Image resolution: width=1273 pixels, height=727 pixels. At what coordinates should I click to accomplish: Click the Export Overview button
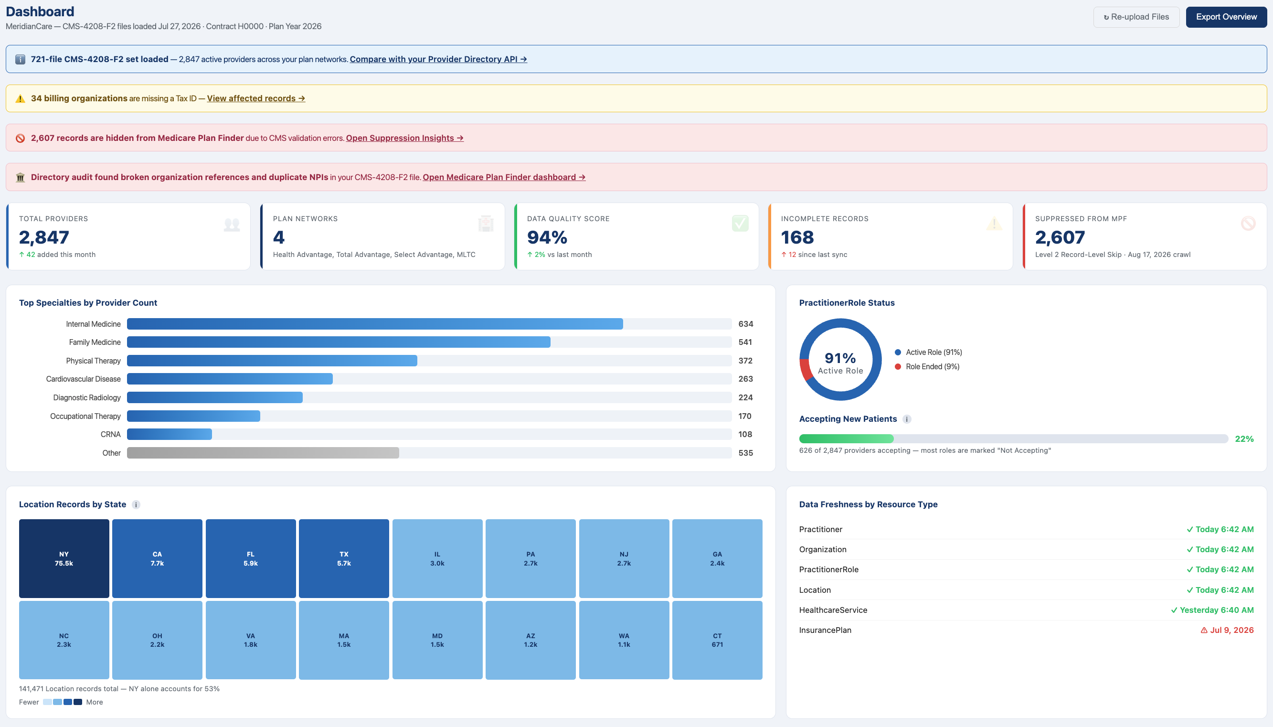click(x=1226, y=17)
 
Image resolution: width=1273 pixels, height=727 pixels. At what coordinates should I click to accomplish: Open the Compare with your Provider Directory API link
click(x=438, y=59)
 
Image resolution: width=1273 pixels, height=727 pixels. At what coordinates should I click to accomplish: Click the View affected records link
click(x=256, y=98)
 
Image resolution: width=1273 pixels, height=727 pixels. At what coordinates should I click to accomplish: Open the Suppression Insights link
click(x=405, y=138)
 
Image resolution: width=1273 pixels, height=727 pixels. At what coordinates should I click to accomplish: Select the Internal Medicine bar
click(x=375, y=324)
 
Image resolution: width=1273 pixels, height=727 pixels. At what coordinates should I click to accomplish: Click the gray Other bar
click(x=263, y=453)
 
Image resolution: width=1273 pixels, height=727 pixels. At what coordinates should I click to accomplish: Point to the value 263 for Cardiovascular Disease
click(x=745, y=379)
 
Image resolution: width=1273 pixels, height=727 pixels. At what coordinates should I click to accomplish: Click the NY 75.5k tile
click(x=64, y=558)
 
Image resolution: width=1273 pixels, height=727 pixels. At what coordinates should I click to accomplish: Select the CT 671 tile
click(x=717, y=640)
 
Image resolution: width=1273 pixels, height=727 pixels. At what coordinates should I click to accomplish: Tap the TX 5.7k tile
click(x=344, y=558)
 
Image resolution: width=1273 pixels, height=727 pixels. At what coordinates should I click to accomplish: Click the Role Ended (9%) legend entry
click(x=927, y=366)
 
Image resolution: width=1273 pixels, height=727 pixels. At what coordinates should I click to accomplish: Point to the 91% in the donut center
click(x=840, y=358)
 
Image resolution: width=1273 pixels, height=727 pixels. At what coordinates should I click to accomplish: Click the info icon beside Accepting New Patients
click(x=907, y=419)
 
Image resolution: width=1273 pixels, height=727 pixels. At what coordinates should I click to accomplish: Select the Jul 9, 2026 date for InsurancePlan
click(x=1227, y=630)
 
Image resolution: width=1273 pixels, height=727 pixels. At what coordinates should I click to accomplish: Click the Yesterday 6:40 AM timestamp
click(x=1212, y=610)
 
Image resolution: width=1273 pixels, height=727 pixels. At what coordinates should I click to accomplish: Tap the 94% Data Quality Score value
click(x=547, y=237)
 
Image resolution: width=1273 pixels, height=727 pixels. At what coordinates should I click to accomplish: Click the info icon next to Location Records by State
click(x=136, y=505)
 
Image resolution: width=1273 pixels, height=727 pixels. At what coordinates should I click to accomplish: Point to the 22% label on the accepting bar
click(x=1244, y=439)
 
